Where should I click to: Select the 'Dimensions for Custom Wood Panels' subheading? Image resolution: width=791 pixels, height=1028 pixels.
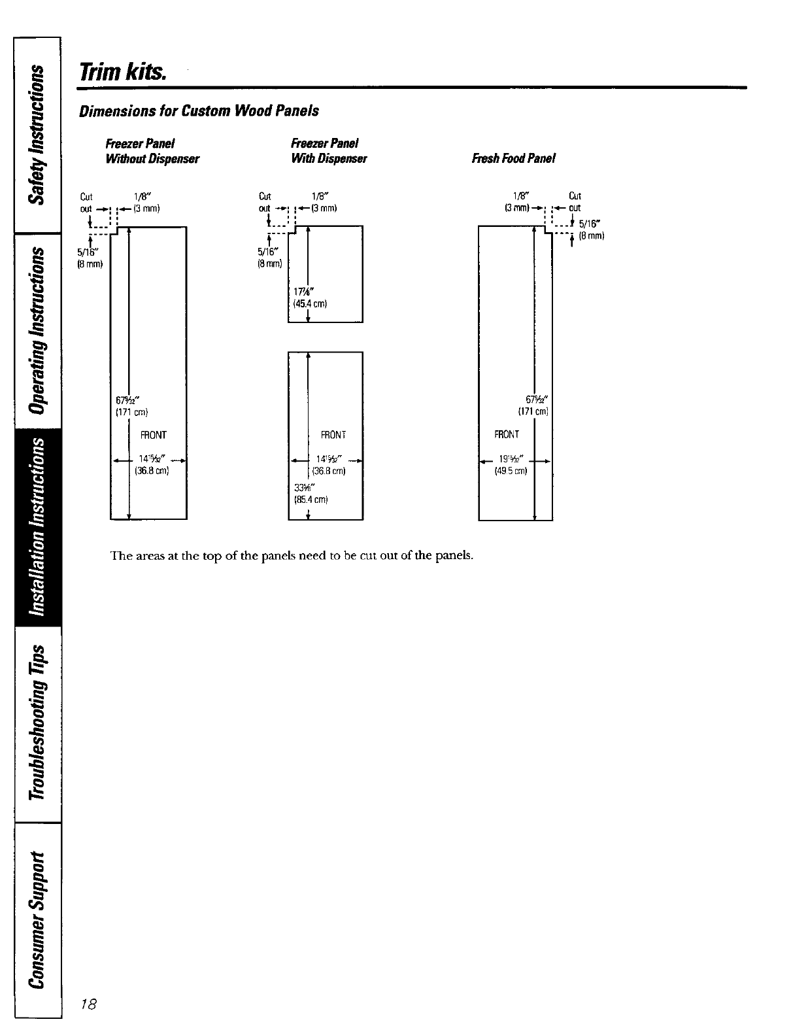point(199,111)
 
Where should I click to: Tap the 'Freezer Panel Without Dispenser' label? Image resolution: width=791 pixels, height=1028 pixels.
point(152,151)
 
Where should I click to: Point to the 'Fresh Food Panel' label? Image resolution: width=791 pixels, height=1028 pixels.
point(513,158)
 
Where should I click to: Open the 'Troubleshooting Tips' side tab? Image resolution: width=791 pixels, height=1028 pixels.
point(39,723)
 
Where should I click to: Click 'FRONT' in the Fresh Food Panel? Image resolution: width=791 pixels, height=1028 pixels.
point(507,434)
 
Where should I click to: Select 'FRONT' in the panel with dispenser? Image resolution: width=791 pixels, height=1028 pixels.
point(333,435)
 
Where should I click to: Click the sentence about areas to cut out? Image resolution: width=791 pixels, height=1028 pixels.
point(292,556)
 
